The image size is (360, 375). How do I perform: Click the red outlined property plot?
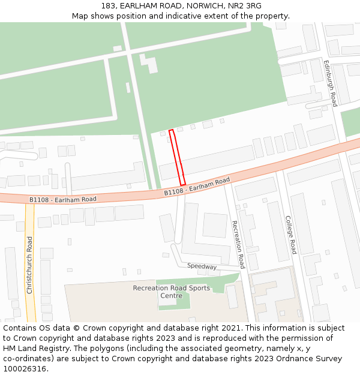(x=177, y=157)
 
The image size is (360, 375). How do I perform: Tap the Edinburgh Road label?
(x=331, y=83)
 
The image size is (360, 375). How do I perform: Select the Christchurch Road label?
(x=29, y=265)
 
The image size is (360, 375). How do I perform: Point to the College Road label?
(x=290, y=235)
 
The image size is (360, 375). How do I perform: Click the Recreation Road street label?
(x=238, y=244)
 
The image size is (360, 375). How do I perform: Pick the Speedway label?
(x=202, y=266)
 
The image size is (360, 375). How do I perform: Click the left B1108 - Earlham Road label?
(x=63, y=199)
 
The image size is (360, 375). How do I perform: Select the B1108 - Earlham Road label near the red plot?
(x=197, y=185)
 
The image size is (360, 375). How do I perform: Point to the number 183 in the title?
(x=109, y=6)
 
